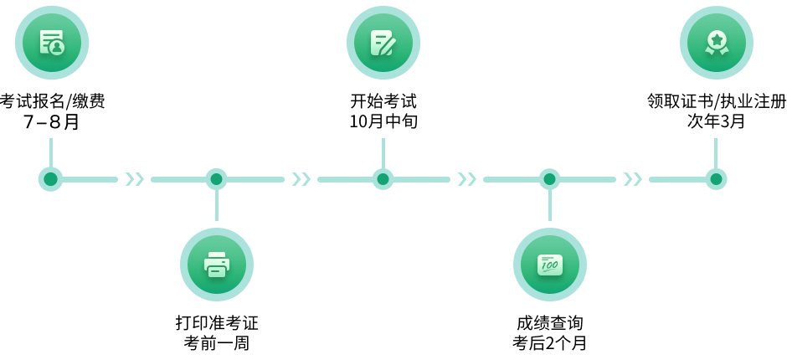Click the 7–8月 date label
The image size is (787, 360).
pos(50,122)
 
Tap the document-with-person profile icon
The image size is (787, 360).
pos(51,42)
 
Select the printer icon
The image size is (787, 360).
pos(217,265)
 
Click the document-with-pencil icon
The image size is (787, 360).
pos(383,43)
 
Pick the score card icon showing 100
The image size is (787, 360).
pos(549,265)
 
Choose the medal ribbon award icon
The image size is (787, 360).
pos(716,43)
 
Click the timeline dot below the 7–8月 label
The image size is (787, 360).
pos(50,179)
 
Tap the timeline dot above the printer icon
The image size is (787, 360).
pos(217,179)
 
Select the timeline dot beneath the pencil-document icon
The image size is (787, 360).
pos(383,179)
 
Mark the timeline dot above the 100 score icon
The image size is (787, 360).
pos(549,179)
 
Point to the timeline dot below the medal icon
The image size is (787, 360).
pos(716,179)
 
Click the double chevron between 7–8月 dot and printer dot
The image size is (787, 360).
pos(134,179)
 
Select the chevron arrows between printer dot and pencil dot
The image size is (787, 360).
pos(301,179)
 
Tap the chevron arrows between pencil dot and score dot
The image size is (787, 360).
pos(466,179)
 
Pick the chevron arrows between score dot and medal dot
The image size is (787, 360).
pos(633,179)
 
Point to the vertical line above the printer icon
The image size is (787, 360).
pos(217,206)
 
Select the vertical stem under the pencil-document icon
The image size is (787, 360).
pos(383,152)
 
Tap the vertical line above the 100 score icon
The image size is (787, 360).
pos(549,206)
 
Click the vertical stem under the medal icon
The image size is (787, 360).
pos(716,152)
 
